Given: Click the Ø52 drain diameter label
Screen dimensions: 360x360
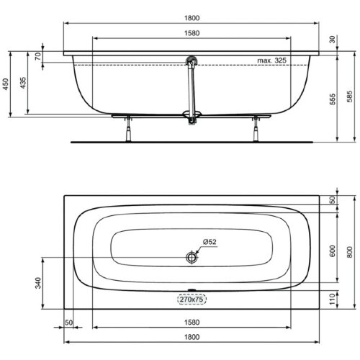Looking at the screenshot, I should click(211, 243).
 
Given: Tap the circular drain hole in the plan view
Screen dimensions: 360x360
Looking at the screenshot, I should click(192, 257).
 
